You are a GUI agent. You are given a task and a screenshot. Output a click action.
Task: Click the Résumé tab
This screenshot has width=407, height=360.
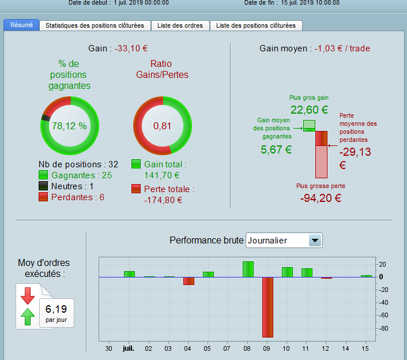(21, 25)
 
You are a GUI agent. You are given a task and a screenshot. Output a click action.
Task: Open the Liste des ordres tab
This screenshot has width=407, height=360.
(180, 25)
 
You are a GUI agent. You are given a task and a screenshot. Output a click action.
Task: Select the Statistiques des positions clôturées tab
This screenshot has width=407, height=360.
(95, 25)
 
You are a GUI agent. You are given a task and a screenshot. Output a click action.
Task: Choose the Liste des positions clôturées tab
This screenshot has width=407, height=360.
(255, 25)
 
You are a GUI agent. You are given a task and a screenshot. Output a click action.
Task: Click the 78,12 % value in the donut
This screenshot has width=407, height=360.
(69, 126)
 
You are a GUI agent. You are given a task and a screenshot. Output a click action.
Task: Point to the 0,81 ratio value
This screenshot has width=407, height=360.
(163, 126)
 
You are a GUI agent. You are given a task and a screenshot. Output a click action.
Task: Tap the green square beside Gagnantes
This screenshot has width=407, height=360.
(44, 175)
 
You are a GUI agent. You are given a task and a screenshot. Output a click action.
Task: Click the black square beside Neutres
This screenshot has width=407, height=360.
(44, 186)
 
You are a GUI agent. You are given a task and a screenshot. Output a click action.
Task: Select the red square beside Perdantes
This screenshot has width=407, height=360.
(44, 197)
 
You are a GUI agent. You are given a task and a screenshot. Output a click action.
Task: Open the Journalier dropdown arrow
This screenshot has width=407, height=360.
(315, 241)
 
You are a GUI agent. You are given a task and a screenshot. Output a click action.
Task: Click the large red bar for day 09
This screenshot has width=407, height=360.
(267, 307)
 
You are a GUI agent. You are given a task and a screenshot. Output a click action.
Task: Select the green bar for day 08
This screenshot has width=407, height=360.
(248, 269)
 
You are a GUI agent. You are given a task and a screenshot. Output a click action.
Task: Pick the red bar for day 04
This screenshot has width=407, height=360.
(189, 281)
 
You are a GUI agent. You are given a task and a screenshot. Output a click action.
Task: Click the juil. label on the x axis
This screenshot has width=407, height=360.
(129, 348)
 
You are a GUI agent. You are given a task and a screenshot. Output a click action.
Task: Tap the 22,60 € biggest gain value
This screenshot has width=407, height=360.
(309, 110)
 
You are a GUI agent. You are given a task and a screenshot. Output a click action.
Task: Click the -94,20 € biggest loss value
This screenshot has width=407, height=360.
(321, 198)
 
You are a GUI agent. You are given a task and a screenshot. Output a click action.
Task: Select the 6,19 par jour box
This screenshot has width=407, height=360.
(56, 312)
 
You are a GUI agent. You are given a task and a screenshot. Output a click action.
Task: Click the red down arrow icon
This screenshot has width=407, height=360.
(28, 295)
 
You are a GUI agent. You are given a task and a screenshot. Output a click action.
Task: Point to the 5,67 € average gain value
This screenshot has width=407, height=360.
(277, 150)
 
